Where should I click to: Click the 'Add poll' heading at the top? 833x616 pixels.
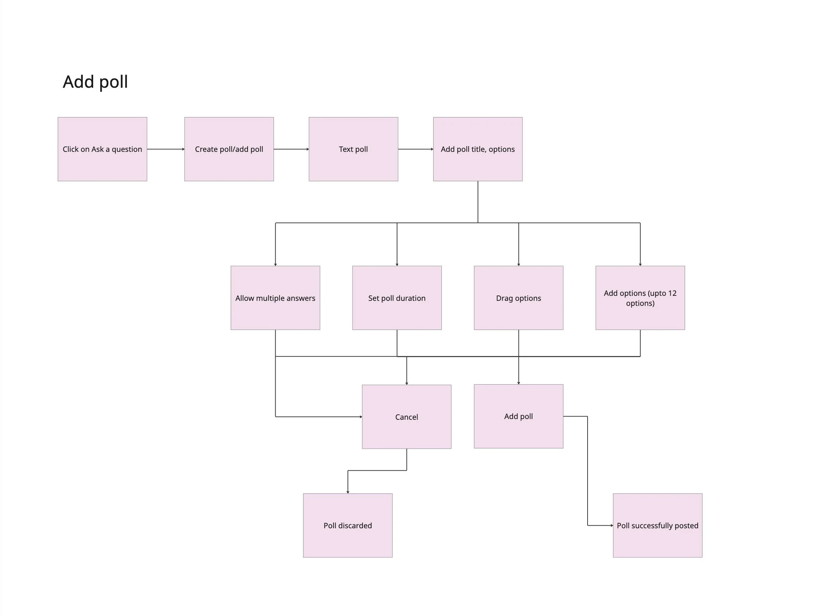pos(95,82)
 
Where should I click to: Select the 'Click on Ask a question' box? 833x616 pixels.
pos(102,149)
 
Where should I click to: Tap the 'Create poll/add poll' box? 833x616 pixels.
pos(229,149)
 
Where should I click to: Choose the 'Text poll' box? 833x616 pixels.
pos(353,149)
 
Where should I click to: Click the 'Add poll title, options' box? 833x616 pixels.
pos(478,149)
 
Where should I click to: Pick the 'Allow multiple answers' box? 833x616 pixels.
pos(275,298)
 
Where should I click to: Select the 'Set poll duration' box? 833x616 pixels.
pos(397,298)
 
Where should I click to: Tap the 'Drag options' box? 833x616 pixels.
pos(518,298)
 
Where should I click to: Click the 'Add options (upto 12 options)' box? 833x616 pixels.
pos(640,298)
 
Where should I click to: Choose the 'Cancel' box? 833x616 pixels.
pos(407,417)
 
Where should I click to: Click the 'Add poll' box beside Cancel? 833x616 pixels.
pos(518,417)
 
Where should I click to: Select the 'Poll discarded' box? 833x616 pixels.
pos(348,526)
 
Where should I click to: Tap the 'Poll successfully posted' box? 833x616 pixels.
pos(658,526)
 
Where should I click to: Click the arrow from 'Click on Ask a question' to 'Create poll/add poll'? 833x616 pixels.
pos(166,149)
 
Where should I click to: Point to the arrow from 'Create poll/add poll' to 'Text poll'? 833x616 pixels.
pos(291,149)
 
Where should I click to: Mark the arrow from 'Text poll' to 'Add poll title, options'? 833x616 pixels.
pos(416,149)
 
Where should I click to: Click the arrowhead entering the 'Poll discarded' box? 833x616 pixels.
pos(348,492)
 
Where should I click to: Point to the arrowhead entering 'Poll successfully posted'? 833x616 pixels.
pos(612,526)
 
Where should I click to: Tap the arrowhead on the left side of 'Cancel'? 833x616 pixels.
pos(361,417)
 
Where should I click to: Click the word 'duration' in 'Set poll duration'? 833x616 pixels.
pos(410,298)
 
